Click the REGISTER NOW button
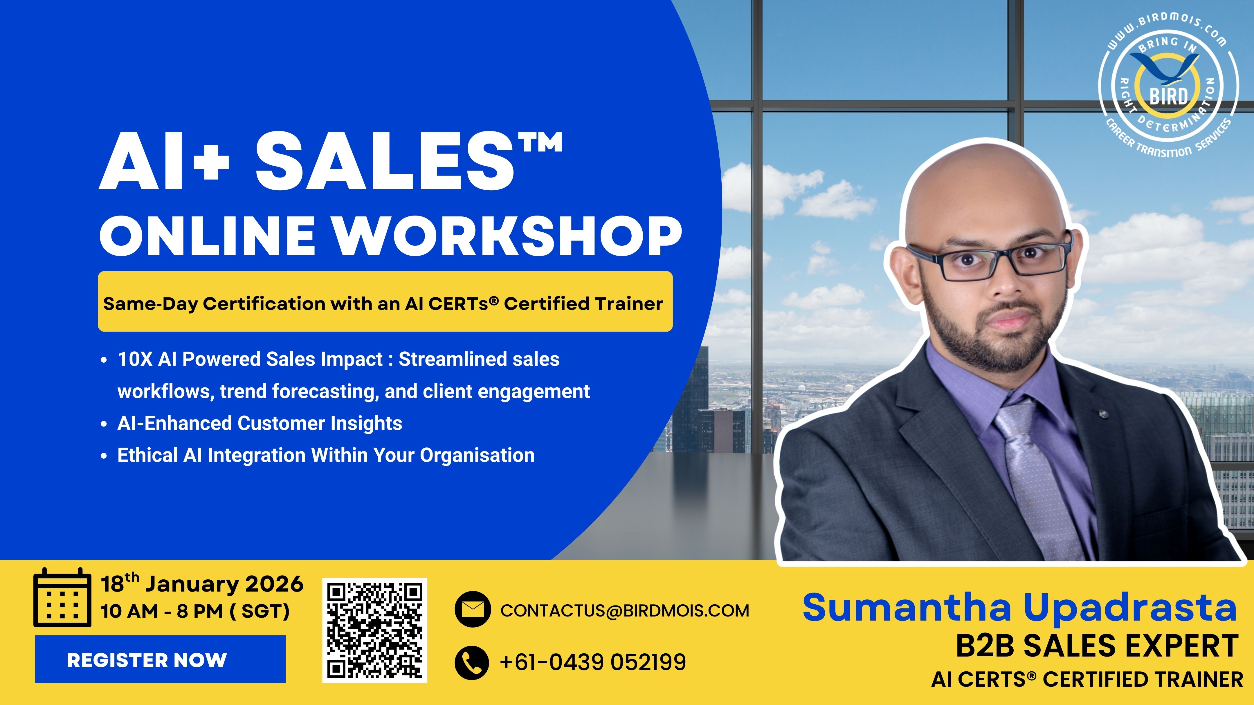(x=160, y=659)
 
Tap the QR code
(x=374, y=630)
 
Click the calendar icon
(x=62, y=597)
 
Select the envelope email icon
(x=472, y=609)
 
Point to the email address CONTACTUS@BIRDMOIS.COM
(x=625, y=611)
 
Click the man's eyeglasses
(x=988, y=258)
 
